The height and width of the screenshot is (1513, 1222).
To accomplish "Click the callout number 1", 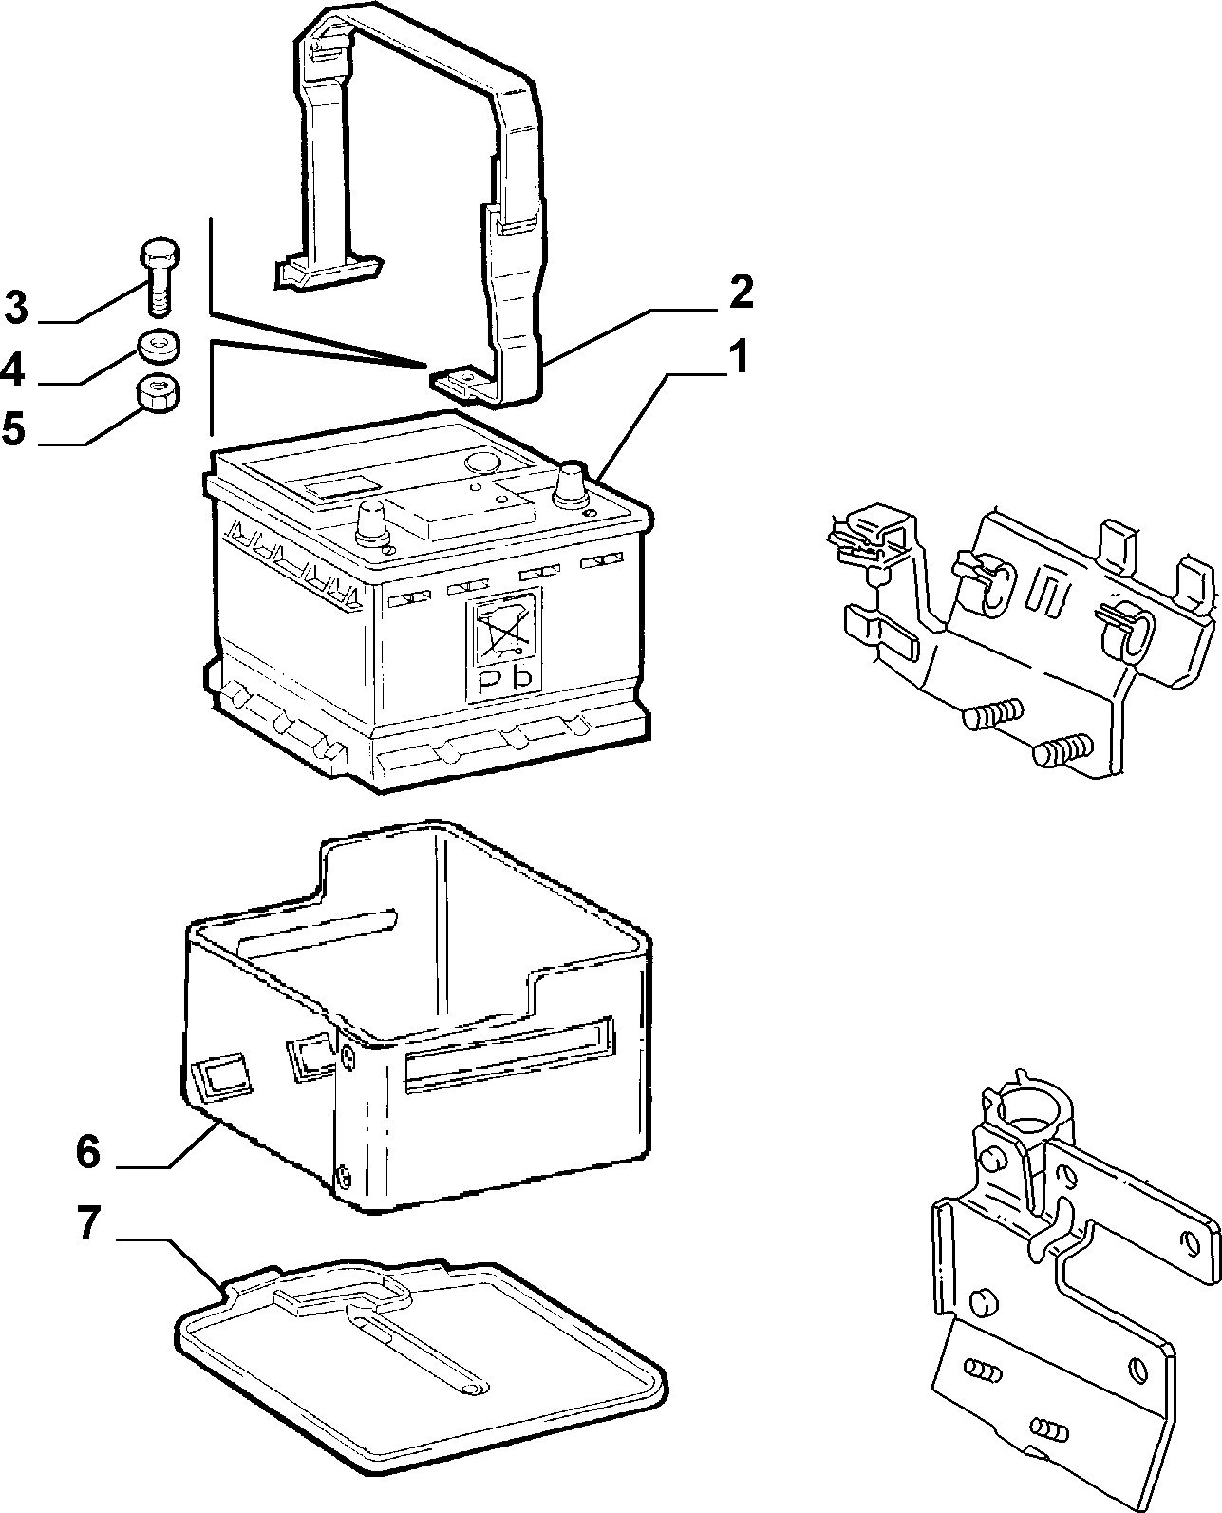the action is (740, 357).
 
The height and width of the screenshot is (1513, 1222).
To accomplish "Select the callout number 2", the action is (741, 292).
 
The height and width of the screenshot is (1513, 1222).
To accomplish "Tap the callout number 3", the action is (16, 309).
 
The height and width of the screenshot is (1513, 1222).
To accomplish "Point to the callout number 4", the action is (12, 370).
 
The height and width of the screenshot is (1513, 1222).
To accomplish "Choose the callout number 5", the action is (14, 429).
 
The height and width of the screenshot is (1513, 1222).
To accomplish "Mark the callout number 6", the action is (88, 1151).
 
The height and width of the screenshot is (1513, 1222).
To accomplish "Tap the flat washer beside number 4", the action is (159, 346).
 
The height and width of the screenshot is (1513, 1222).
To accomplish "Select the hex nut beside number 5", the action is (157, 392).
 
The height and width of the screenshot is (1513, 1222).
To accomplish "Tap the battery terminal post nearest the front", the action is (373, 522).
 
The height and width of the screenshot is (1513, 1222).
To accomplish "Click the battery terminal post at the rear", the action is (573, 484).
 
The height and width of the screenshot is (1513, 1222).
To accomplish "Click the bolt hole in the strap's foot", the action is (465, 374).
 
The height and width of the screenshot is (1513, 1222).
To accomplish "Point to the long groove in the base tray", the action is (419, 1350).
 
